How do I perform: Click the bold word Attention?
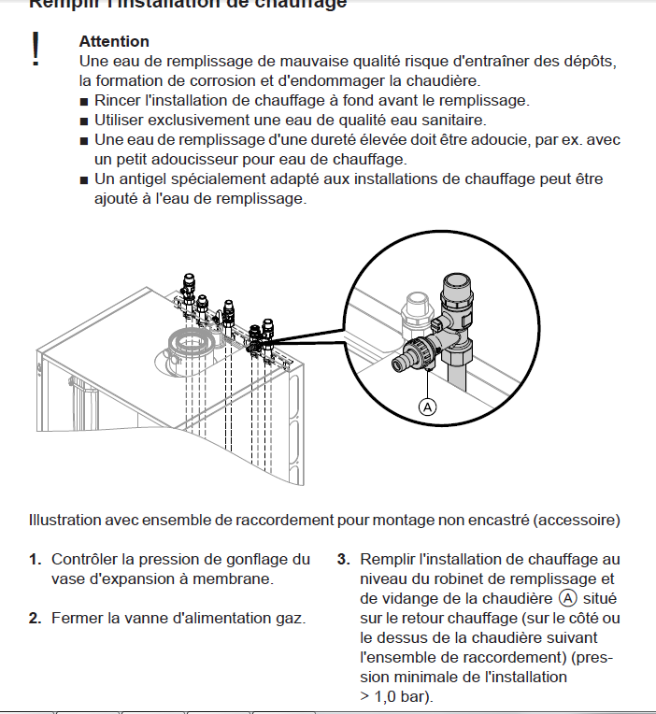point(114,41)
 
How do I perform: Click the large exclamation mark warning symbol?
point(36,50)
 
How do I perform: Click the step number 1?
point(34,559)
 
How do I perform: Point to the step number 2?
point(34,618)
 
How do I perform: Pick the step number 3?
point(343,559)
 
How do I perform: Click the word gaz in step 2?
point(292,618)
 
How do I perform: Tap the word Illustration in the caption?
point(64,520)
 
